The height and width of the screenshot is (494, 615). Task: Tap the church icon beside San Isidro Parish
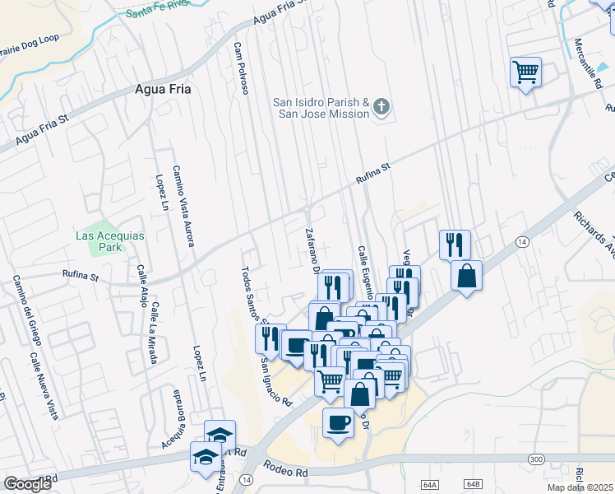(x=381, y=106)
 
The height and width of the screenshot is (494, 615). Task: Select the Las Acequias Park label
(x=109, y=241)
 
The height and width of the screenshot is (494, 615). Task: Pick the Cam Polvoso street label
(x=240, y=68)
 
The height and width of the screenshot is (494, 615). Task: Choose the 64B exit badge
(x=472, y=484)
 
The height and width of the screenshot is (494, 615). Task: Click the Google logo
(x=27, y=484)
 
